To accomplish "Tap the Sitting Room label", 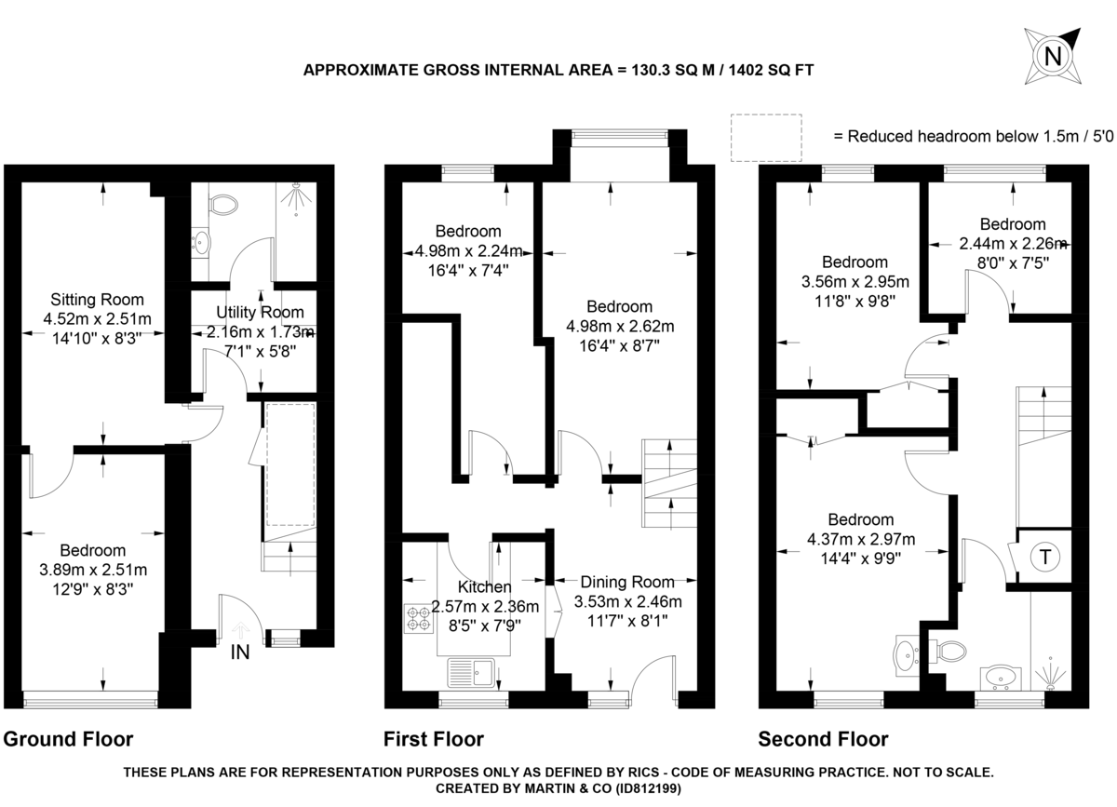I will click(x=97, y=300).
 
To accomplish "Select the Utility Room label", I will click(x=260, y=312).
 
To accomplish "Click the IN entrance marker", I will click(x=240, y=652).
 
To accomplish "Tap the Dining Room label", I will click(x=628, y=582).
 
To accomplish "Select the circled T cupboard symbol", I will click(x=1045, y=558).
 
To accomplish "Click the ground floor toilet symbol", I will click(x=222, y=204).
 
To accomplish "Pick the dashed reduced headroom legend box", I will click(x=766, y=136).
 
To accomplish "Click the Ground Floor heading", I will click(x=68, y=740).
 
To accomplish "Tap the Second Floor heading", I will click(x=823, y=740).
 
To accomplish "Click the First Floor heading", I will click(x=434, y=740).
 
